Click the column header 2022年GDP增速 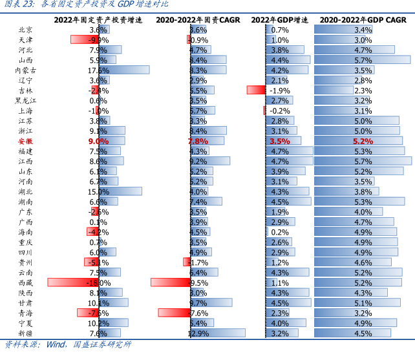tap(282, 20)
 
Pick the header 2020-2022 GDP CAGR tap(363, 20)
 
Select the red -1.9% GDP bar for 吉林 tap(255, 90)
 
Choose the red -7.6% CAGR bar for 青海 tap(174, 313)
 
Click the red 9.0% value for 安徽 tap(98, 140)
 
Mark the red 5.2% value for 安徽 tap(363, 140)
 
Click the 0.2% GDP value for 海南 tap(280, 232)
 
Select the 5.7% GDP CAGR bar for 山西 tap(363, 59)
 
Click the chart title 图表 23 tap(15, 5)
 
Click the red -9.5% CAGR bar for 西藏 tap(170, 282)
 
